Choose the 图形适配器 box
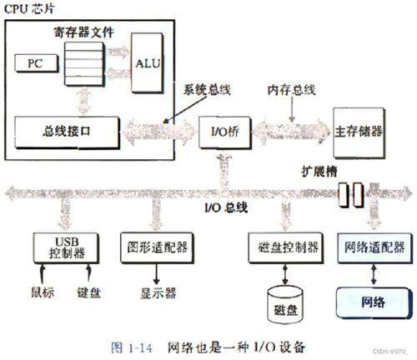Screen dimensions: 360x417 (x=153, y=247)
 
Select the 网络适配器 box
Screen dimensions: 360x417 (x=374, y=247)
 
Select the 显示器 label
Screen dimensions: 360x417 (x=153, y=292)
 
